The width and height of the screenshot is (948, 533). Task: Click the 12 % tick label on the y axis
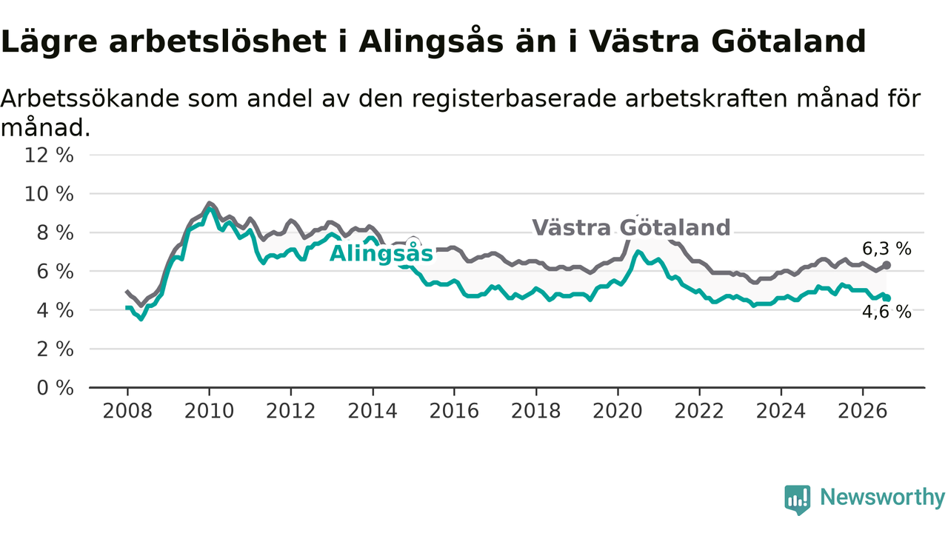[49, 155]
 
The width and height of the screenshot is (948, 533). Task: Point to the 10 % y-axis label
[49, 194]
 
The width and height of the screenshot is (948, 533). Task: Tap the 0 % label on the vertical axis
[56, 388]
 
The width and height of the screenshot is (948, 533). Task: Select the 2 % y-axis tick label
[56, 349]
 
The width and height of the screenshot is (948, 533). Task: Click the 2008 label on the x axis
[127, 411]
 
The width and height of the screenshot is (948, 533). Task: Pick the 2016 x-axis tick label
[454, 411]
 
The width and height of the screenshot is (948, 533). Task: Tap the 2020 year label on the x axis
[618, 411]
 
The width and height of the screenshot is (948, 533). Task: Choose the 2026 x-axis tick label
[863, 411]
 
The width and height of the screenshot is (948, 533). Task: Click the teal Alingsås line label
[381, 253]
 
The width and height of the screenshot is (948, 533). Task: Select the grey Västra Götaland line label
[632, 227]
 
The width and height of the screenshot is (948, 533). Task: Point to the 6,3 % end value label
[887, 249]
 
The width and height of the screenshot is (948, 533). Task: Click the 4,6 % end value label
[887, 312]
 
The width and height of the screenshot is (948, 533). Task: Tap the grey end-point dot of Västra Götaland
[887, 265]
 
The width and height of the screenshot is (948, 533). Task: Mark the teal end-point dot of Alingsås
[887, 298]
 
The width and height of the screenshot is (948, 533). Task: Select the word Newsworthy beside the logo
[882, 497]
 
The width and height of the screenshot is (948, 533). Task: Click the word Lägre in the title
[49, 42]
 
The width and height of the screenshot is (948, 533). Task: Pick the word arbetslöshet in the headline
[218, 41]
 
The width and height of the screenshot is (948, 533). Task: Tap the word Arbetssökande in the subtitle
[90, 98]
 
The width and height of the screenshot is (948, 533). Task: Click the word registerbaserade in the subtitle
[514, 100]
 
